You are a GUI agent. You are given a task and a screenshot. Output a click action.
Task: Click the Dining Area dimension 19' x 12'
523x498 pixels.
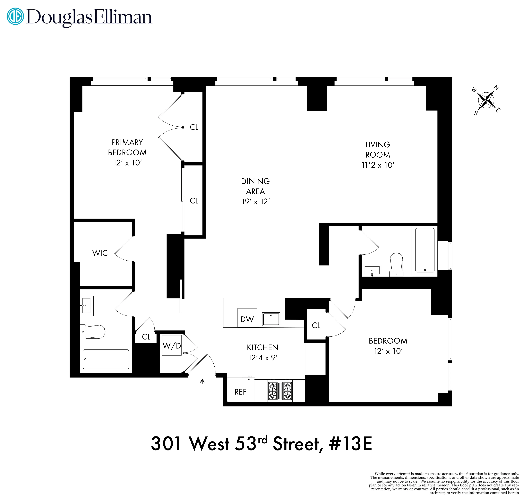click(x=255, y=202)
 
